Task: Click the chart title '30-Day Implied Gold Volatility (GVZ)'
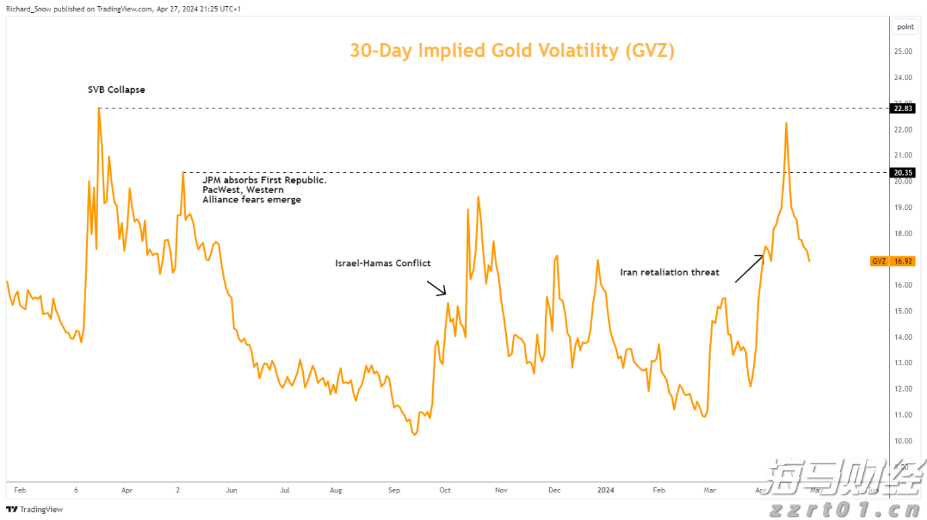point(512,50)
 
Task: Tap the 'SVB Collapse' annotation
point(116,89)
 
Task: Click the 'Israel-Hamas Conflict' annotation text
point(382,263)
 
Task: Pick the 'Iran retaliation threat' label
point(670,272)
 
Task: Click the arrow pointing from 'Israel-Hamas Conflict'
point(437,289)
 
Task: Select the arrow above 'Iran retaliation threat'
point(750,268)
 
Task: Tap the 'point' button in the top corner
point(905,27)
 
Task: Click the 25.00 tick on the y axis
point(903,51)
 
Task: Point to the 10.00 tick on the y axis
point(903,441)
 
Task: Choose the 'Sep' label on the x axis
point(394,490)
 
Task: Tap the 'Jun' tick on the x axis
point(231,490)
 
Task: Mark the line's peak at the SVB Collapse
point(99,108)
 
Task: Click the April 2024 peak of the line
point(786,122)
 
